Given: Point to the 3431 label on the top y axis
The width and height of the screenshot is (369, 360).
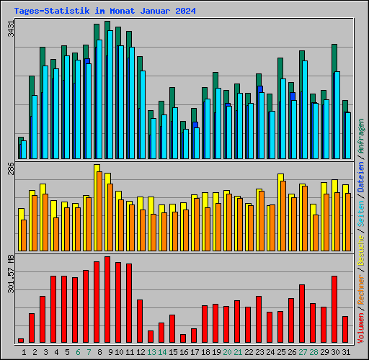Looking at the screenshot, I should point(10,30).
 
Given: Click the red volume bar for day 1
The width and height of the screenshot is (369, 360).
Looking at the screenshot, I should point(21,341).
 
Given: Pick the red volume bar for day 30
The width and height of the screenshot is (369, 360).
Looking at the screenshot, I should point(334,309).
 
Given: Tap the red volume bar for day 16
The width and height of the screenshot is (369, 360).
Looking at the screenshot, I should point(183,338).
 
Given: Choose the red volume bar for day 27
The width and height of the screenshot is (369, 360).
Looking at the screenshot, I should point(302,313).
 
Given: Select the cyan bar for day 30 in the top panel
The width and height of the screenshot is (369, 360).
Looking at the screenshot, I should point(337,115).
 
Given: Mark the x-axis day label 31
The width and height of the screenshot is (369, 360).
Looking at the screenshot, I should point(345,352).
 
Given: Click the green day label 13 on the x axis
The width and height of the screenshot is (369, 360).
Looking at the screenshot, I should point(151,352).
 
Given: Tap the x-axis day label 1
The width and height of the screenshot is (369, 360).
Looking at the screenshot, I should point(24,352).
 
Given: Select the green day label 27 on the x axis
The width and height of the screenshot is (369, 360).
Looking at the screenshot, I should point(302,352).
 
